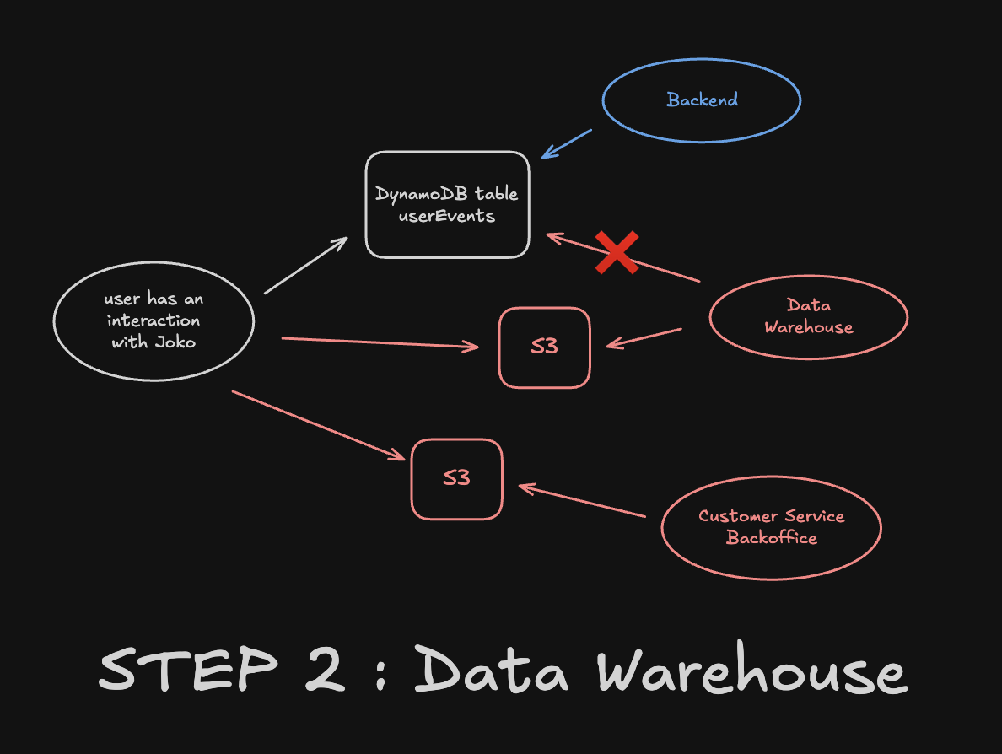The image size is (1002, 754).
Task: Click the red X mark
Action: [x=617, y=253]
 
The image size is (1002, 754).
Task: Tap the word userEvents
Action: [x=446, y=216]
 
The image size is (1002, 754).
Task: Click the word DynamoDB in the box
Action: [x=421, y=194]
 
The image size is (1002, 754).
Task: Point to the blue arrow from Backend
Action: [x=568, y=143]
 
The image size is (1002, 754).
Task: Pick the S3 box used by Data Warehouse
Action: [x=544, y=347]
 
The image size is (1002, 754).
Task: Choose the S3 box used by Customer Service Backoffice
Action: [x=456, y=478]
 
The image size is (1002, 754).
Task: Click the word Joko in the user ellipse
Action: [x=175, y=342]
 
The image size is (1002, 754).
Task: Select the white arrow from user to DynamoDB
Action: [x=305, y=266]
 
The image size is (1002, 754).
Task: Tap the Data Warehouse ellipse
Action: [x=808, y=316]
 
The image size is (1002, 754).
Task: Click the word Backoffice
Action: [x=771, y=537]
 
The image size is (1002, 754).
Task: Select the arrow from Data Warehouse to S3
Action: [x=644, y=337]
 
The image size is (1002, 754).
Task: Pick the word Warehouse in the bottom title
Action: [x=751, y=672]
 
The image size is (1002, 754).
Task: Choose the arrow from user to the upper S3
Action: [x=380, y=342]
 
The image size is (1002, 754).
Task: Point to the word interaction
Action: [x=154, y=321]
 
